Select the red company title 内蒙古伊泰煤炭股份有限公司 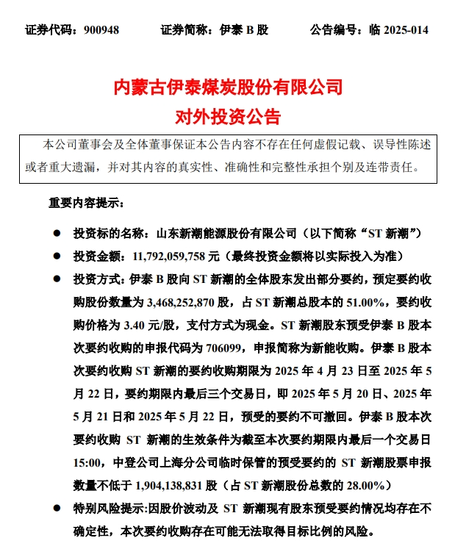coord(227,88)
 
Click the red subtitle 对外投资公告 coord(227,115)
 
